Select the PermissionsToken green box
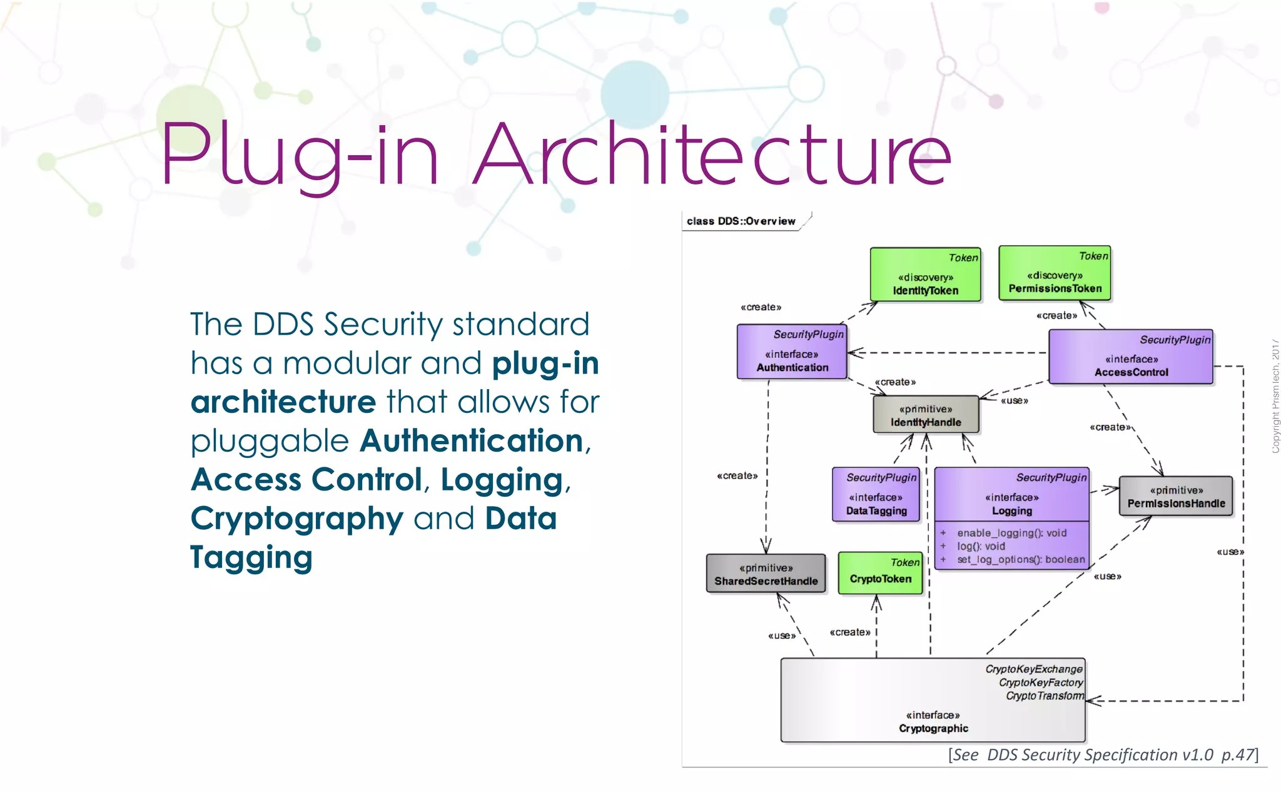click(1055, 273)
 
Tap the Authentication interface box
click(792, 352)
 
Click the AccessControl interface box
click(1131, 357)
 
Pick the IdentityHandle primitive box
click(926, 415)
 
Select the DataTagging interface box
click(876, 495)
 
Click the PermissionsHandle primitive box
click(1176, 497)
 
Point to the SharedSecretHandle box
click(766, 574)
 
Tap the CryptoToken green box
click(880, 574)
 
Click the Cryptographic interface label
click(933, 728)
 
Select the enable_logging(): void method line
click(1011, 533)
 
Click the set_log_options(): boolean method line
click(1021, 559)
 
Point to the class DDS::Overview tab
click(741, 221)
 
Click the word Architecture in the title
click(711, 155)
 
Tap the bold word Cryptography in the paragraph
click(297, 519)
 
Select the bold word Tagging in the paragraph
click(251, 557)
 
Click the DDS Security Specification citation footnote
click(1103, 755)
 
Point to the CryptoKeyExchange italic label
click(1033, 669)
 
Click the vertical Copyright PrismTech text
click(1275, 397)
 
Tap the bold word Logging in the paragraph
click(502, 480)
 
